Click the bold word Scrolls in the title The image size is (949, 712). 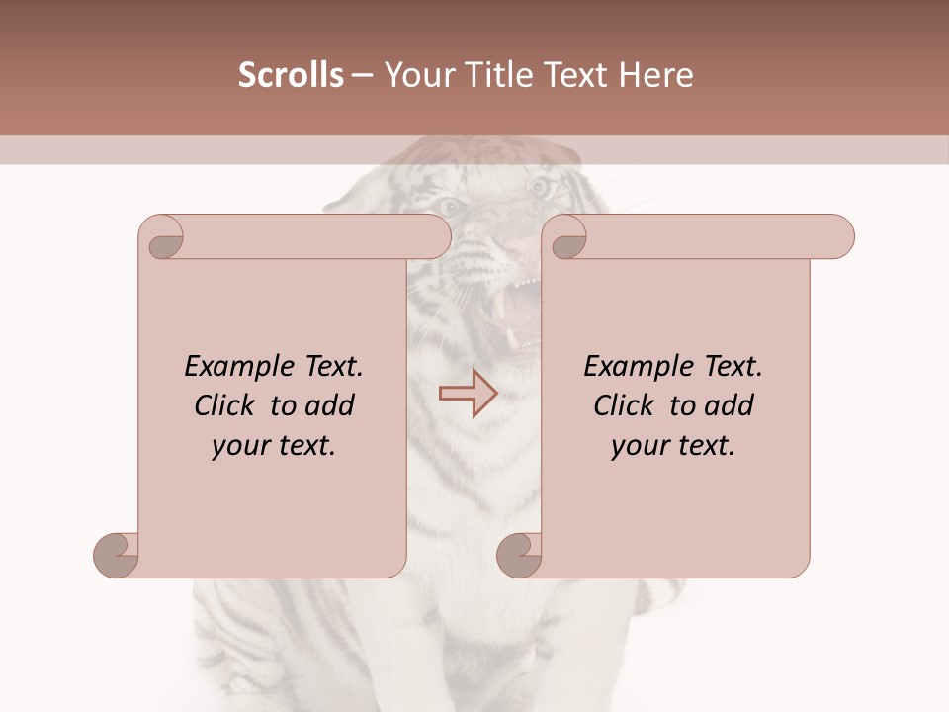(292, 75)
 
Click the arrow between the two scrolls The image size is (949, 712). (468, 393)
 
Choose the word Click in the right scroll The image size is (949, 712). (624, 405)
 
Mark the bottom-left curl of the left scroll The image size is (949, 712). (117, 553)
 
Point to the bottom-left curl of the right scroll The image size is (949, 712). (519, 553)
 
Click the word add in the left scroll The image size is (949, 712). (329, 405)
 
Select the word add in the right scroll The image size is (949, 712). (729, 405)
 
